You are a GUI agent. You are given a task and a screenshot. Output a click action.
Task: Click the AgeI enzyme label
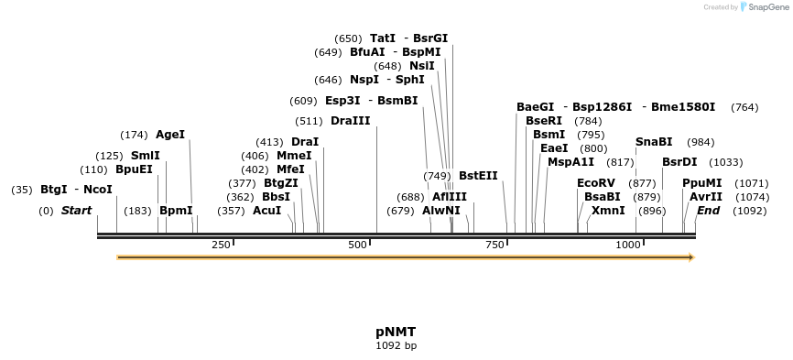(x=170, y=135)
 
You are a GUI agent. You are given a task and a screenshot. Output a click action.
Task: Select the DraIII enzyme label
(x=351, y=121)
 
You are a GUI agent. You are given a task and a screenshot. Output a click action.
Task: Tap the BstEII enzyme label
(x=478, y=175)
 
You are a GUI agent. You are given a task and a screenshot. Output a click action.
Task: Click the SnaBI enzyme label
(x=654, y=142)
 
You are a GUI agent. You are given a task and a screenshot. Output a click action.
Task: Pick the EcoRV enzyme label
(x=596, y=183)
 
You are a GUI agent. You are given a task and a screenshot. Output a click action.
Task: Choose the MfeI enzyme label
(x=290, y=169)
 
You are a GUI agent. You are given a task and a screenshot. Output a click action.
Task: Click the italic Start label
(x=76, y=211)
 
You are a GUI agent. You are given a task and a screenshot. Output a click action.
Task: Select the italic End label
(x=708, y=211)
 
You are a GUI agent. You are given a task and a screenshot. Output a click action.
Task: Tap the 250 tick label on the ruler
(x=221, y=245)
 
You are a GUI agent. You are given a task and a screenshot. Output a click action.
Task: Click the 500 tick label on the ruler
(x=357, y=245)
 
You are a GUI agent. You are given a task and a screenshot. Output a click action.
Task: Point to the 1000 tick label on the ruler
(x=628, y=245)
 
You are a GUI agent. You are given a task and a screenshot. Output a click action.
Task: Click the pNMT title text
(x=396, y=332)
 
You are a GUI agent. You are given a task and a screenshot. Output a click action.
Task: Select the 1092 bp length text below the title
(x=396, y=346)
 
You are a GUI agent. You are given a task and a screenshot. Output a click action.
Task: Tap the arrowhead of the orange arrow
(x=691, y=257)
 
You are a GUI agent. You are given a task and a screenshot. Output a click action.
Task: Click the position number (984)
(x=701, y=142)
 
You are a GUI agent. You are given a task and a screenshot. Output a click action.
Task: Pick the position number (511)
(x=308, y=121)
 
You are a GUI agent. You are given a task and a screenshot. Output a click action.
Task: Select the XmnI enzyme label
(x=608, y=211)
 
